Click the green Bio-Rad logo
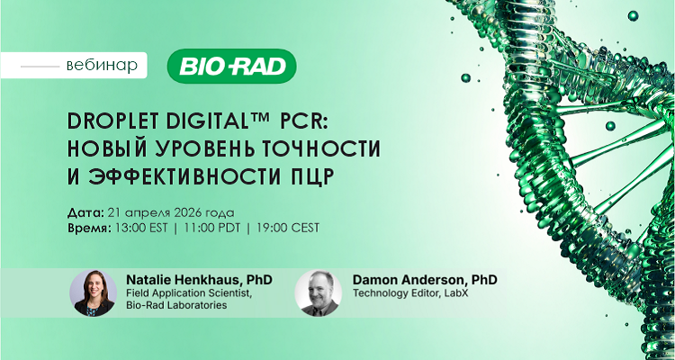click(x=232, y=66)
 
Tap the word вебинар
click(x=103, y=66)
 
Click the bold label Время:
click(x=88, y=229)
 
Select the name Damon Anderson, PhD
click(x=425, y=280)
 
